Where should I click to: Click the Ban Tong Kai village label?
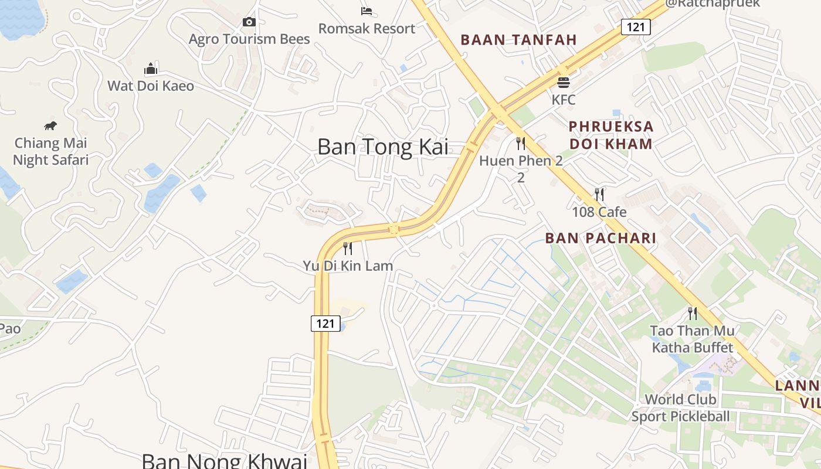(383, 147)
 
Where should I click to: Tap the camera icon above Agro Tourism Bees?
(249, 22)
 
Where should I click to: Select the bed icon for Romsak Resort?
(367, 11)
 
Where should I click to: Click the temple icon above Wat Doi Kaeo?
(151, 69)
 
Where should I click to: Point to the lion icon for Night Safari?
(50, 125)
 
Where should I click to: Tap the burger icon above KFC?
(564, 82)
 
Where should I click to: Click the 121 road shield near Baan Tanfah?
(636, 26)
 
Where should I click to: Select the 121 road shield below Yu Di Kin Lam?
(325, 323)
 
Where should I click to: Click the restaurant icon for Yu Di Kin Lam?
(348, 248)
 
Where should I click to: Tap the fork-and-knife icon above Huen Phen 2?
(520, 143)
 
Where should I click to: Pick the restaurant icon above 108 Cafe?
(599, 194)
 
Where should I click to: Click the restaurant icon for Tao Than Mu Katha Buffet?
(693, 313)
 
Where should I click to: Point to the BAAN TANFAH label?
(519, 40)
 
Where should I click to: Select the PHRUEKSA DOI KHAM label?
(610, 135)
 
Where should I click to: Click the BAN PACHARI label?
(601, 238)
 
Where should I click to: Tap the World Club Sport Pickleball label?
(680, 408)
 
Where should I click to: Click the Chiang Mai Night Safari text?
(50, 151)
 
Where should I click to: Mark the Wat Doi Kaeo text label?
(151, 86)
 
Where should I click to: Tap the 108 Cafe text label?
(599, 212)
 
